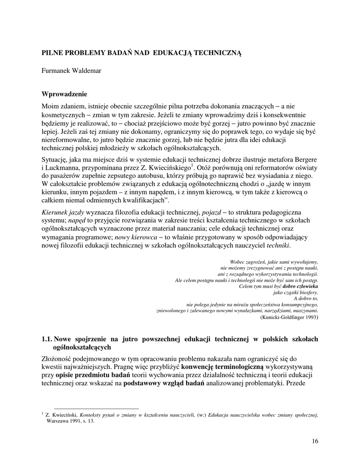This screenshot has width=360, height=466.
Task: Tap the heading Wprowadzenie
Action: point(64,94)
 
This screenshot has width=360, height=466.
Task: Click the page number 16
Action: point(315,441)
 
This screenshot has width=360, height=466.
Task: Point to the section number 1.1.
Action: point(47,339)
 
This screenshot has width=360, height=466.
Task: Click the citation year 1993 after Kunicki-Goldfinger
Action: point(309,317)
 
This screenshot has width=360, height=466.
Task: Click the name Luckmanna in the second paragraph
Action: point(61,167)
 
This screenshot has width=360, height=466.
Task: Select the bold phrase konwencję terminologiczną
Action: point(223,366)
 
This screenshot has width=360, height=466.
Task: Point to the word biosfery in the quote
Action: point(308,293)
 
